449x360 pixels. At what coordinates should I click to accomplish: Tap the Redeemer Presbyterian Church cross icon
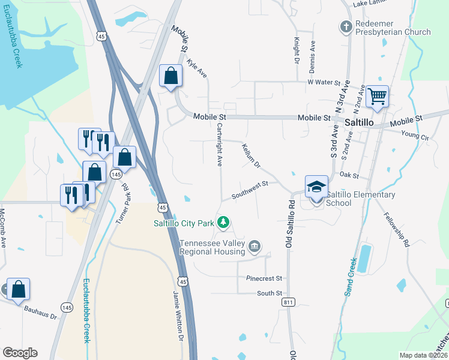[x=345, y=26]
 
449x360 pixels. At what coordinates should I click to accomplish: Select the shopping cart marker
[x=377, y=96]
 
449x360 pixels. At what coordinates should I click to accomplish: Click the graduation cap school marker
[x=316, y=187]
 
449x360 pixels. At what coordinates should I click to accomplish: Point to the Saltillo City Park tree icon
[x=223, y=223]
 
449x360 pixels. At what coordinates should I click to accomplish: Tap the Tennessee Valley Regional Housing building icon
[x=255, y=245]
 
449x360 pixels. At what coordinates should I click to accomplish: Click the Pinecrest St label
[x=264, y=278]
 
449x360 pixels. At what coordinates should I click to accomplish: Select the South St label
[x=270, y=293]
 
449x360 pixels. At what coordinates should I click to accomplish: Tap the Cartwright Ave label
[x=220, y=145]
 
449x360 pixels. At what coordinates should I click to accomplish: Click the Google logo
[x=20, y=353]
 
